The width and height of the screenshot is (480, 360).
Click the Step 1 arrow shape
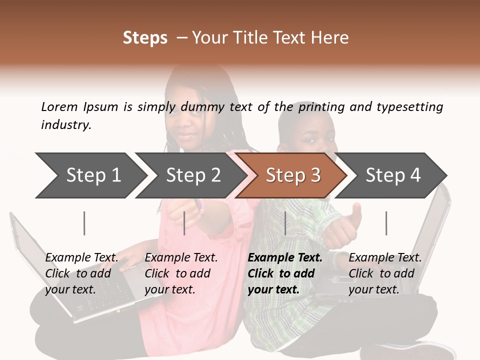point(90,175)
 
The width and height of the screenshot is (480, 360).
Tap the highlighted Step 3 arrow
point(292,175)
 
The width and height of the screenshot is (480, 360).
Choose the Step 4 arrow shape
point(392,175)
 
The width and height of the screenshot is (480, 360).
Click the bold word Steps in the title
point(145,37)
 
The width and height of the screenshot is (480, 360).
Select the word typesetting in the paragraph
point(409,106)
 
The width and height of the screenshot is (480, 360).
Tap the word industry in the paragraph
point(66,124)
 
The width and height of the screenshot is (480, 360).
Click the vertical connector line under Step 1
point(84,223)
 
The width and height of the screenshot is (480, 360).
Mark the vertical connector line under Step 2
point(185,223)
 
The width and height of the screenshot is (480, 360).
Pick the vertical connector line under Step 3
point(285,223)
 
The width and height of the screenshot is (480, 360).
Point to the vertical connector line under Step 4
point(386,223)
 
